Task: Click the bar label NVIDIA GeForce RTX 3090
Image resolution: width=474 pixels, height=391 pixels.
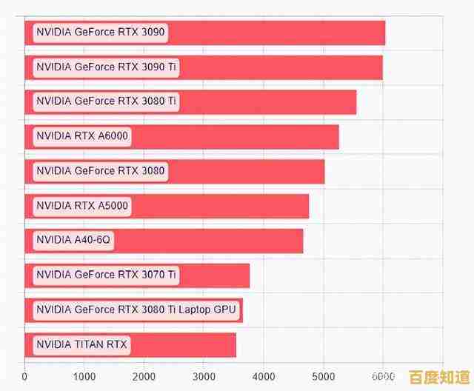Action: click(101, 33)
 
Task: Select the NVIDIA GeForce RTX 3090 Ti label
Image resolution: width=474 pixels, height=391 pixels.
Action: click(107, 67)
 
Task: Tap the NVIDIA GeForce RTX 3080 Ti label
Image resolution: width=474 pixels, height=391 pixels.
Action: click(107, 101)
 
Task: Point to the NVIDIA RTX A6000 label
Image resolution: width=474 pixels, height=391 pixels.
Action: click(82, 136)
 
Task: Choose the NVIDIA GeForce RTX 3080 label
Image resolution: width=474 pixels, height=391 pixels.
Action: click(101, 171)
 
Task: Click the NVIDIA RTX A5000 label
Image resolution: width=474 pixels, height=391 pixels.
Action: click(82, 206)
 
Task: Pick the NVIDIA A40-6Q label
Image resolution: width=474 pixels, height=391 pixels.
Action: click(74, 240)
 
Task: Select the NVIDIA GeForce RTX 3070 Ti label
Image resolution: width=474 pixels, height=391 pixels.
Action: click(107, 275)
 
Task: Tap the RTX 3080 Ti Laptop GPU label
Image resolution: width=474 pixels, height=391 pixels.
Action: click(138, 310)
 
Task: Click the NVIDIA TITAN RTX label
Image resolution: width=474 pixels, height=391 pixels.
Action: click(81, 344)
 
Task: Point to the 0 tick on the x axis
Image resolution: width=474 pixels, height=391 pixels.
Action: click(25, 375)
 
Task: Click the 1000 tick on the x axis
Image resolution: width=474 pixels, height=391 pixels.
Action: click(84, 375)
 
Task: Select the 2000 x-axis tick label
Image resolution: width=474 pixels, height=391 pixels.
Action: click(144, 375)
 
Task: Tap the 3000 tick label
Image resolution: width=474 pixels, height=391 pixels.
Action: click(204, 375)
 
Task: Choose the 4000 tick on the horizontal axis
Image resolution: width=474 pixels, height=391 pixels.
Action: click(264, 375)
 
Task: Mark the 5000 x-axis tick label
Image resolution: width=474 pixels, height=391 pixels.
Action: click(324, 375)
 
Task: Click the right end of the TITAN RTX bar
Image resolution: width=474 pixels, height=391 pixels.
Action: click(236, 344)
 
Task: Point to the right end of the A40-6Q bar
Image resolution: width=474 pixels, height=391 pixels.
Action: click(302, 240)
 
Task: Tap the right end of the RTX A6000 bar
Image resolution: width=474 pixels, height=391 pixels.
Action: click(338, 136)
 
